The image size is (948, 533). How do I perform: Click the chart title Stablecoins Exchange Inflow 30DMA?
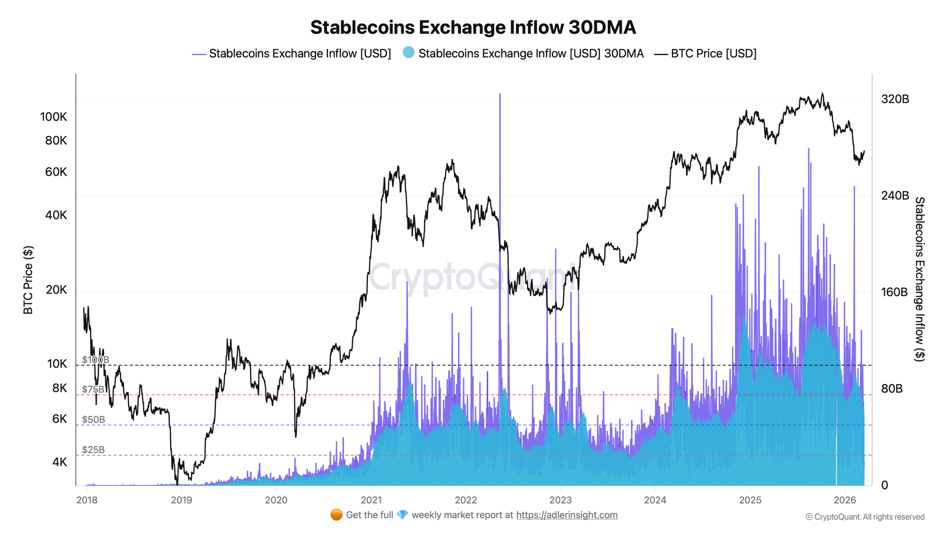point(473,27)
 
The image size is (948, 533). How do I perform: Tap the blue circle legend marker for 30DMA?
point(409,53)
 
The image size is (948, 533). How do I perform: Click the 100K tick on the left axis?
point(54,117)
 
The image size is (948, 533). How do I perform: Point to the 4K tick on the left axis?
point(59,462)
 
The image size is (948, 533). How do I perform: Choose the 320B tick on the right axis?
point(895,99)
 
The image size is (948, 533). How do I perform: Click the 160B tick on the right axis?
point(894,292)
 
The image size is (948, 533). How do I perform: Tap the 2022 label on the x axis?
point(465,500)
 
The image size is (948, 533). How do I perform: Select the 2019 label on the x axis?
point(181,500)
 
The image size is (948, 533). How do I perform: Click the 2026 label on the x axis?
point(844,500)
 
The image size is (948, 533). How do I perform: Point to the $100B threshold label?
point(95,360)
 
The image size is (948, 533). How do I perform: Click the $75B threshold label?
point(93,389)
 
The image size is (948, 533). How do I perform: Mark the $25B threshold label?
point(93,450)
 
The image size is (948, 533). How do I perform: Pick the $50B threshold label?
point(93,420)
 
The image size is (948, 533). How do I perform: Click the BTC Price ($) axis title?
point(28,280)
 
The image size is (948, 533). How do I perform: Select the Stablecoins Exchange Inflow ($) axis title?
point(919,280)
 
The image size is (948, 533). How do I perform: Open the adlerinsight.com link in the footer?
point(567,515)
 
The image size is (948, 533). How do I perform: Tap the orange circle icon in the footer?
point(337,515)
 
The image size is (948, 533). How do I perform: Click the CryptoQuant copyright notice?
point(865,517)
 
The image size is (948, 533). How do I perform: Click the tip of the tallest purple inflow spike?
point(500,94)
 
